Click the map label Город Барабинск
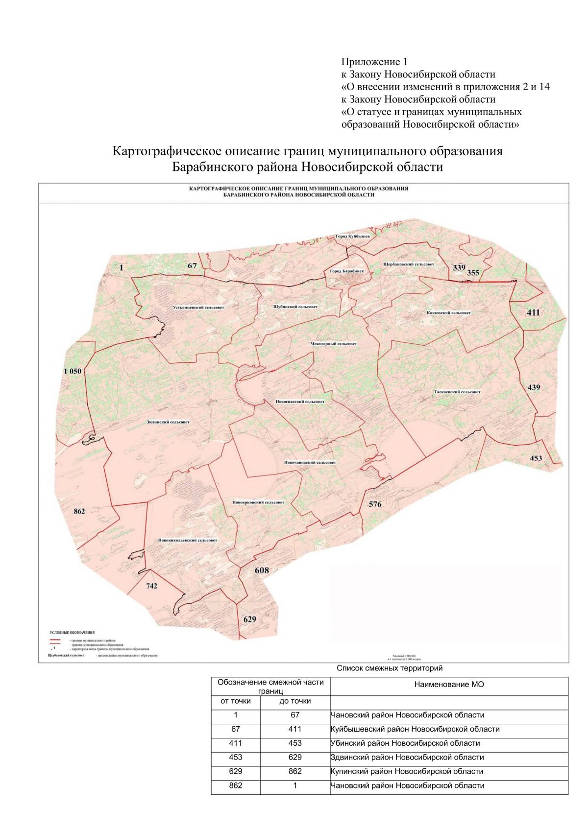point(346,271)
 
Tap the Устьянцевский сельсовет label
point(198,308)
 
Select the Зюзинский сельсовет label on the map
point(168,422)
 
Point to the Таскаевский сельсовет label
point(457,392)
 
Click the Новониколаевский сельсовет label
point(187,540)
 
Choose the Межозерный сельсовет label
point(333,344)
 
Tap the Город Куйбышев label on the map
point(352,236)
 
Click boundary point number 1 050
point(73,371)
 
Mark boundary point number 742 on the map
point(152,586)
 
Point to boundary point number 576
point(375,504)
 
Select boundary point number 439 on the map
point(534,387)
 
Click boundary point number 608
point(262,570)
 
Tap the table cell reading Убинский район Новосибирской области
point(405,743)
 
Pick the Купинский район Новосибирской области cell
point(407,771)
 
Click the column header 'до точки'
point(295,701)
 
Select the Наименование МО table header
point(449,684)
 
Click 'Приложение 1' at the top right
point(374,62)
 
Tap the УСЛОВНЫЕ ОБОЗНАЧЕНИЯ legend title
point(72,632)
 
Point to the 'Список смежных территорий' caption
point(390,668)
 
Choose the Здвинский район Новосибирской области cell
point(407,757)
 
